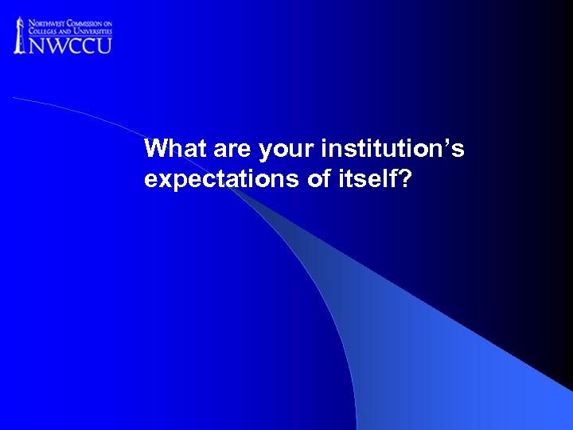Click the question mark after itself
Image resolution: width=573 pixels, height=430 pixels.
tap(407, 179)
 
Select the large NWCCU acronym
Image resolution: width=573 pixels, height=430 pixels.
tap(71, 45)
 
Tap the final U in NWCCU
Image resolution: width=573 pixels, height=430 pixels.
tap(104, 45)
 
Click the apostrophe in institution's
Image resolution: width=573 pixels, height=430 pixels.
tap(454, 143)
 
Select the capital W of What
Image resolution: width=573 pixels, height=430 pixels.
tap(155, 149)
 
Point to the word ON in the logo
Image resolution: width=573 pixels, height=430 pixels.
tap(107, 21)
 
